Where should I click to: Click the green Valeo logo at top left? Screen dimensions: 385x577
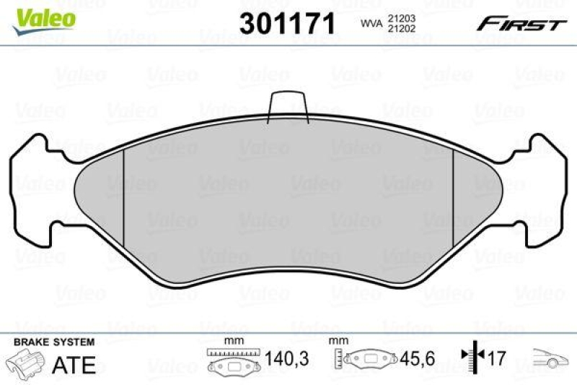(42, 15)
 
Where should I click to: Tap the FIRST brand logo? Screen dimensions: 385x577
(520, 24)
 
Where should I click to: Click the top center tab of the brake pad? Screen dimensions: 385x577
(288, 106)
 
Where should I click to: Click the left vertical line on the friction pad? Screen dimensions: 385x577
(124, 192)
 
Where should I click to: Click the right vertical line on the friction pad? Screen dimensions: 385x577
(452, 192)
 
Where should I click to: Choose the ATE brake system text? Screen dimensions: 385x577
(74, 364)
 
